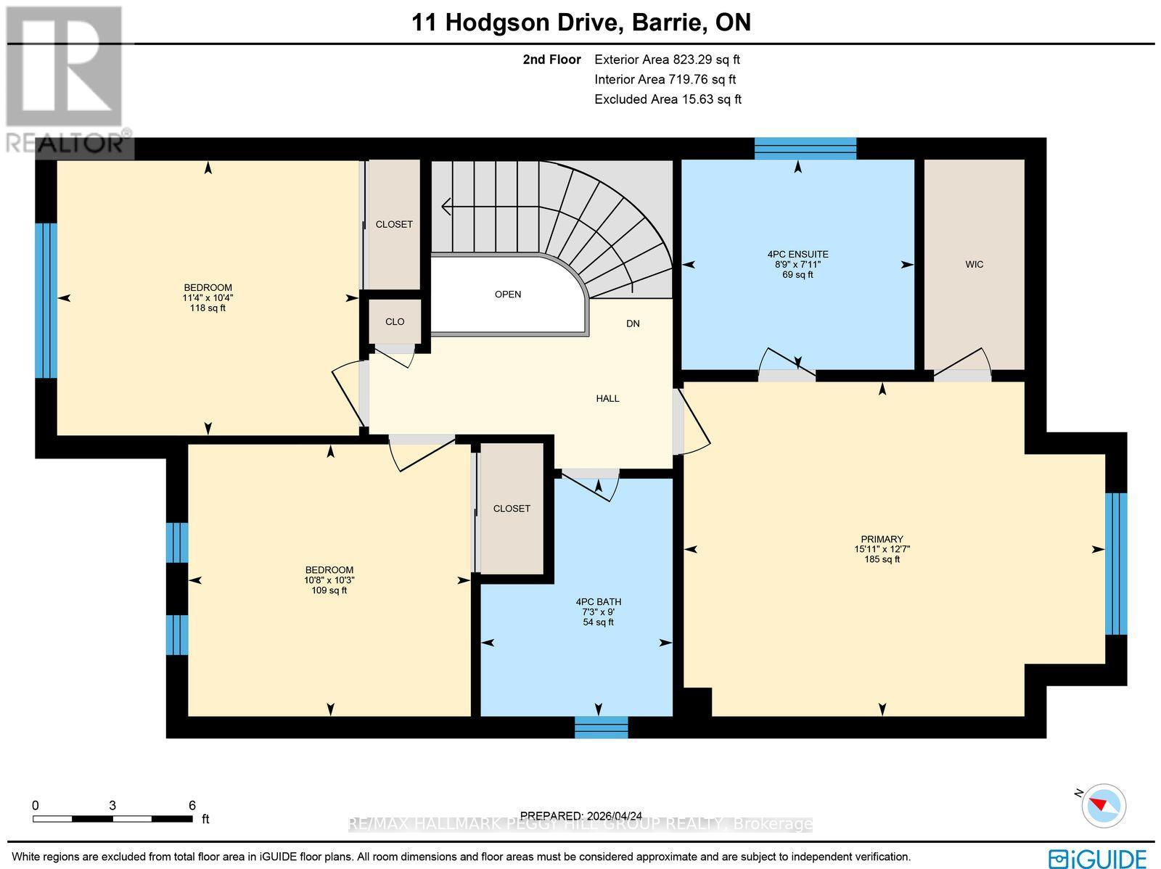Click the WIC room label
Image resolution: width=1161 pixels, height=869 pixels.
coord(975,265)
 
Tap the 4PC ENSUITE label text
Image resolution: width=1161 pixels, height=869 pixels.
coord(797,255)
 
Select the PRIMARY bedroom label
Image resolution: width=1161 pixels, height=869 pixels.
coord(882,539)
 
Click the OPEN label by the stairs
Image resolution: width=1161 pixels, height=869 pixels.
coord(508,295)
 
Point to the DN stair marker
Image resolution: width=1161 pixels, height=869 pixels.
coord(633,324)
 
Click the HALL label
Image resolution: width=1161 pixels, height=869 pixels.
coord(607,398)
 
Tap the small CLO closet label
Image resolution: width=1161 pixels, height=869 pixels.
coord(395,321)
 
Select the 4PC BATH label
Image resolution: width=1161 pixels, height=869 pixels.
coord(598,602)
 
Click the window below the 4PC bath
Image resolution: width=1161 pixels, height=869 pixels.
coord(601,727)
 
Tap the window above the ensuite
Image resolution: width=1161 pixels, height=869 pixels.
coord(805,148)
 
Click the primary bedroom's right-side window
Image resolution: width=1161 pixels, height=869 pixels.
coord(1115,564)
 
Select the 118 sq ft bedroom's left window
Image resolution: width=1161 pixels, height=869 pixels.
coord(46,300)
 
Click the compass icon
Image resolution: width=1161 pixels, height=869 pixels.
coord(1103,805)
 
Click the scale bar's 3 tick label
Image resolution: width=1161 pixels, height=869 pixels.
coord(112,805)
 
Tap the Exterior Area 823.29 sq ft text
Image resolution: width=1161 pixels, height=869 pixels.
coord(667,60)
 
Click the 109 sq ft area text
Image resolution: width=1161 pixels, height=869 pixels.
coord(329,590)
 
